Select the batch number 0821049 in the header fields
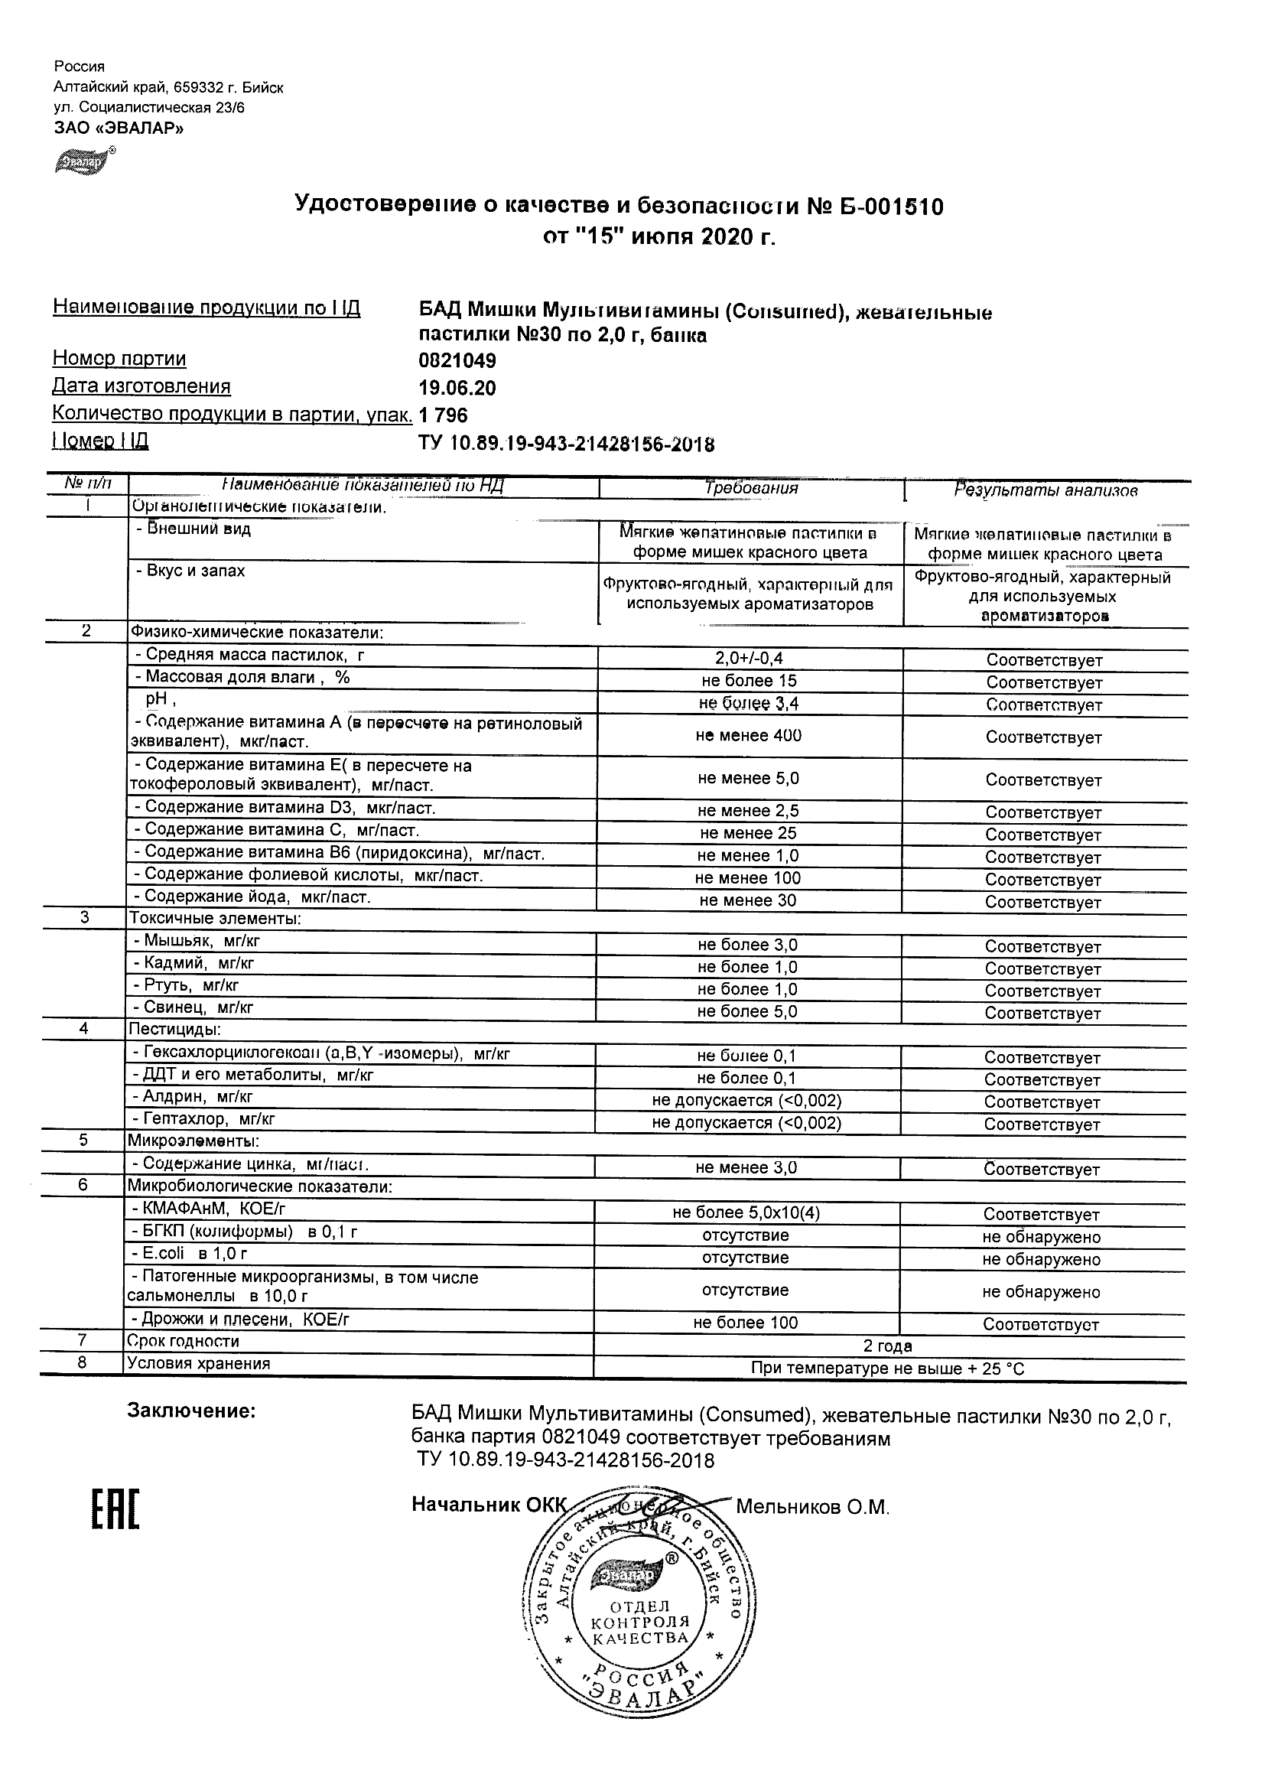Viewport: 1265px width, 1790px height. pyautogui.click(x=457, y=361)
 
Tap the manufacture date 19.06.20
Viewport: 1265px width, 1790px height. pyautogui.click(x=457, y=389)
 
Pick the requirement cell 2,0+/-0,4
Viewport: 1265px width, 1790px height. pyautogui.click(x=749, y=659)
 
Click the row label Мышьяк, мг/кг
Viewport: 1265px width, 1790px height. pyautogui.click(x=201, y=941)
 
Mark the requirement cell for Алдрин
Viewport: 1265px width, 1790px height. pyautogui.click(x=746, y=1101)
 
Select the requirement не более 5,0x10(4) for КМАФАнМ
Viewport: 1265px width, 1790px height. pyautogui.click(x=746, y=1213)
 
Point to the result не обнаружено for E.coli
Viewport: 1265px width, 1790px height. pyautogui.click(x=1042, y=1260)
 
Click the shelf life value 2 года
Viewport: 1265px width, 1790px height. pyautogui.click(x=888, y=1346)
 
